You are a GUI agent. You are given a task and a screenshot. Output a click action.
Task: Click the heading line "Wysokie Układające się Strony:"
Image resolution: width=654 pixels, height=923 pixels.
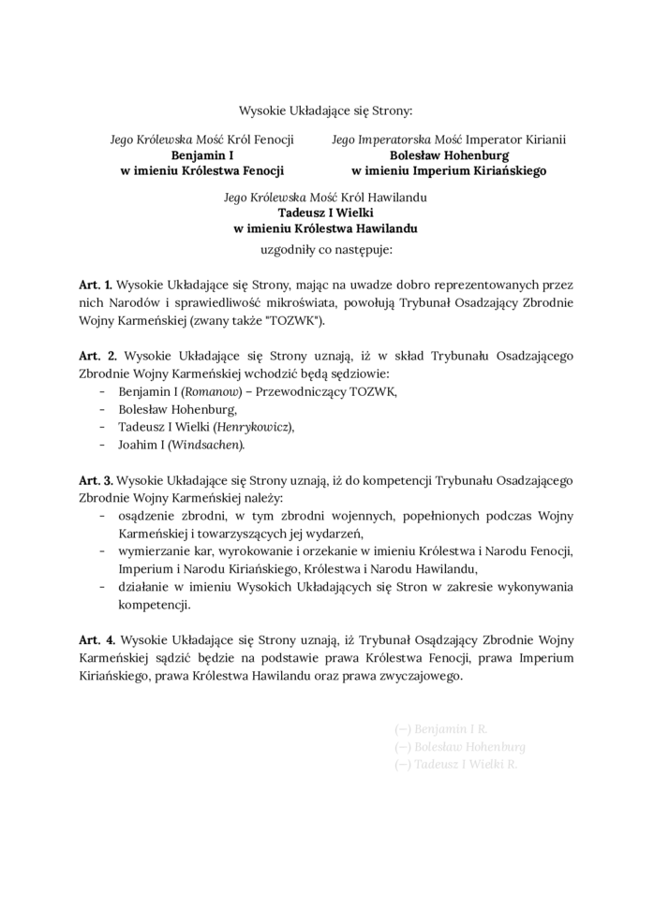pos(326,110)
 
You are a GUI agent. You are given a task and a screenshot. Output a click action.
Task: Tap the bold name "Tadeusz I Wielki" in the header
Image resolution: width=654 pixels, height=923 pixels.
pos(326,212)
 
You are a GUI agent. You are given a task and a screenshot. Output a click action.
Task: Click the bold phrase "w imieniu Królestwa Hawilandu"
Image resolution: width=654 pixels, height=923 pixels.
pos(326,228)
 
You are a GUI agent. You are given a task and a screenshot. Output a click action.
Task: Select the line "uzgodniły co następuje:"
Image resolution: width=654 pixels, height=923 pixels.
pos(326,251)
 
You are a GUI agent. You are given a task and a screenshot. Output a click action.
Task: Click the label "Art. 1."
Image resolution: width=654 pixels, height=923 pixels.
pos(97,284)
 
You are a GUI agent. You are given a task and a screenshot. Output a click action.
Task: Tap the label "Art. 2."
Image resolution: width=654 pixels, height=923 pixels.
pos(97,356)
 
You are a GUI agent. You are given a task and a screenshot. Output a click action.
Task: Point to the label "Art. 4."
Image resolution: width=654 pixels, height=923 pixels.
pos(97,639)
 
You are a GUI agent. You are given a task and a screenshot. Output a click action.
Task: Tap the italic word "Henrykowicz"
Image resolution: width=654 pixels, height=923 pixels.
pos(253,427)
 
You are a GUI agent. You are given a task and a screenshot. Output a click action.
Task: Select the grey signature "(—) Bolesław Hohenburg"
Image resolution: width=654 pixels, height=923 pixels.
pos(460,746)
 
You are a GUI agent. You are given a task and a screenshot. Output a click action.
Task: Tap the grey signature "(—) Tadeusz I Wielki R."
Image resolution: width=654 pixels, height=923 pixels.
pos(456,764)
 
